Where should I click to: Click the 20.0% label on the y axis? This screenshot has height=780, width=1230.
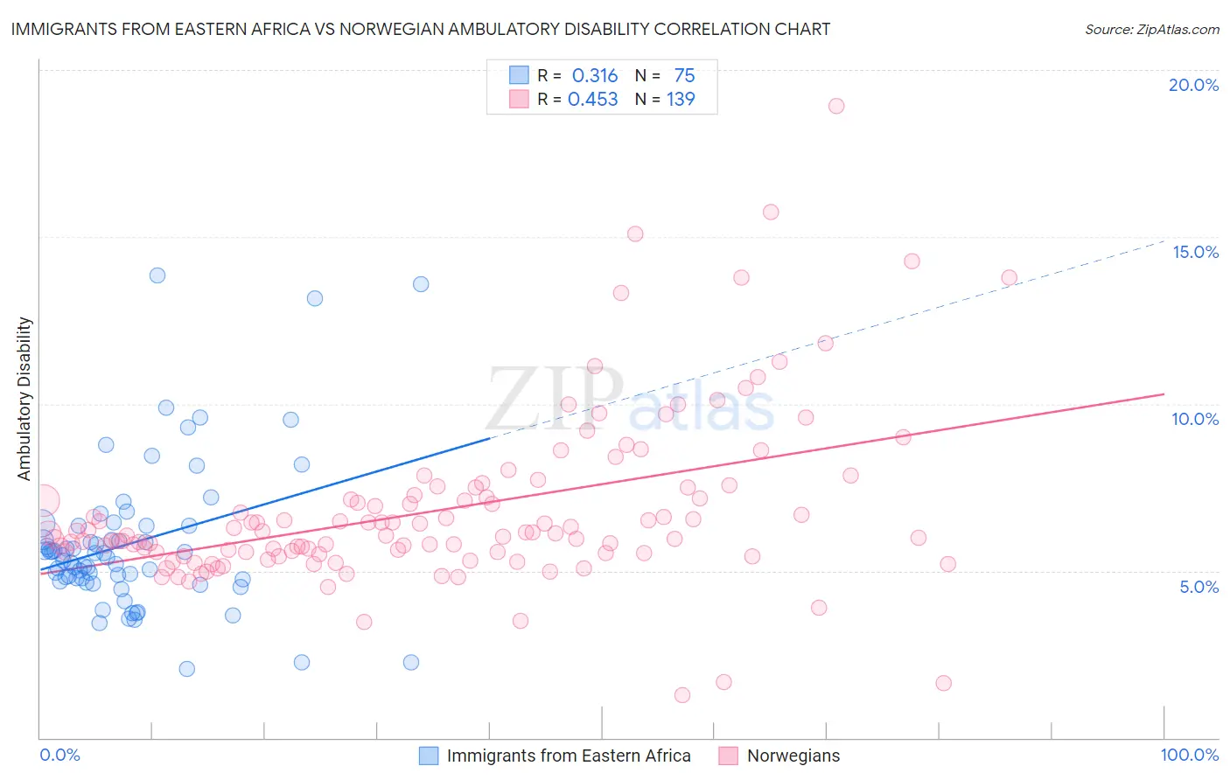1193,85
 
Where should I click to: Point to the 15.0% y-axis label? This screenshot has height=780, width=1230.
1195,252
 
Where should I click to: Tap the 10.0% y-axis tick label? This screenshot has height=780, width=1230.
1195,419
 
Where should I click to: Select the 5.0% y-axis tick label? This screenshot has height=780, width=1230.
1199,587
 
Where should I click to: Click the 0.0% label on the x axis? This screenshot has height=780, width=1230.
59,755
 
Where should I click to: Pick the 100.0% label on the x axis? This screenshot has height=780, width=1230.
1189,755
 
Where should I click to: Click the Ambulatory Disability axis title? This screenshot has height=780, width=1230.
24,398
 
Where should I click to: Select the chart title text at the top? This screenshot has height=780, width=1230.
421,29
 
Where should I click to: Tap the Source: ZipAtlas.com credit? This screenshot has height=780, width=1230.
1151,29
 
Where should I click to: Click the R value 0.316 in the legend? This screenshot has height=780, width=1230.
594,76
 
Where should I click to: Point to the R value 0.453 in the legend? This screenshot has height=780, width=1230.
592,100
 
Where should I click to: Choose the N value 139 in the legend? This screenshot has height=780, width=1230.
681,100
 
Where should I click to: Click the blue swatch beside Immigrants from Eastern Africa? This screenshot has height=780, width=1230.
429,756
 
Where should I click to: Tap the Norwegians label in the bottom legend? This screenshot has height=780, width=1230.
793,756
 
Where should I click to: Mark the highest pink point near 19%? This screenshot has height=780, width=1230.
836,106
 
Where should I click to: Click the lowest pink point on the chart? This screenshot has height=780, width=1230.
682,695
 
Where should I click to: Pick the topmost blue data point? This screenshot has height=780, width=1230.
157,275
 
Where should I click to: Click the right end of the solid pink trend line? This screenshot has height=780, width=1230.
1164,394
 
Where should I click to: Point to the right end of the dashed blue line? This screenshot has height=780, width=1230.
1164,240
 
